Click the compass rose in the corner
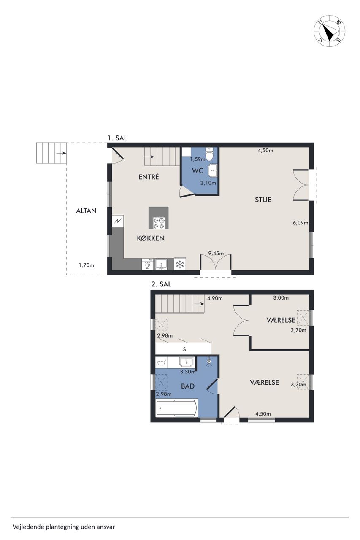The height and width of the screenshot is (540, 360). tap(329, 32)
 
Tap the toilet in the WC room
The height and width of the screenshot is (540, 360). tap(209, 153)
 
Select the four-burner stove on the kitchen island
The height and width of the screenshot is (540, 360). tap(159, 223)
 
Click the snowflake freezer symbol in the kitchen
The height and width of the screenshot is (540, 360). tap(180, 264)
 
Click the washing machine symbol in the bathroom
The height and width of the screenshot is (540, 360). tap(161, 362)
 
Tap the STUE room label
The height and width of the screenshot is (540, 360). tap(263, 200)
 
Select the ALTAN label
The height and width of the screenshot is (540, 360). tap(87, 211)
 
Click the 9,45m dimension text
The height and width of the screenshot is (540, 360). tap(216, 254)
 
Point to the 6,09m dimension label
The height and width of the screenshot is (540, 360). tap(300, 223)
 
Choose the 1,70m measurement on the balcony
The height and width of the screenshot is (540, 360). tap(87, 265)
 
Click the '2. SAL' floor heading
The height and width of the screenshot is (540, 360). tap(161, 284)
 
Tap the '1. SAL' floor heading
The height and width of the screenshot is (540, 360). tap(117, 138)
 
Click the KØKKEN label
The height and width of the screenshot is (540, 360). tap(151, 238)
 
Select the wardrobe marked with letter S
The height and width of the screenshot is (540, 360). tap(183, 349)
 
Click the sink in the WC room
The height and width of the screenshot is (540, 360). tap(212, 170)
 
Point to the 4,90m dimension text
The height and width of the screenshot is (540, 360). tap(215, 298)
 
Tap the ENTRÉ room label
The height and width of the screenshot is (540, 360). tap(149, 177)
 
